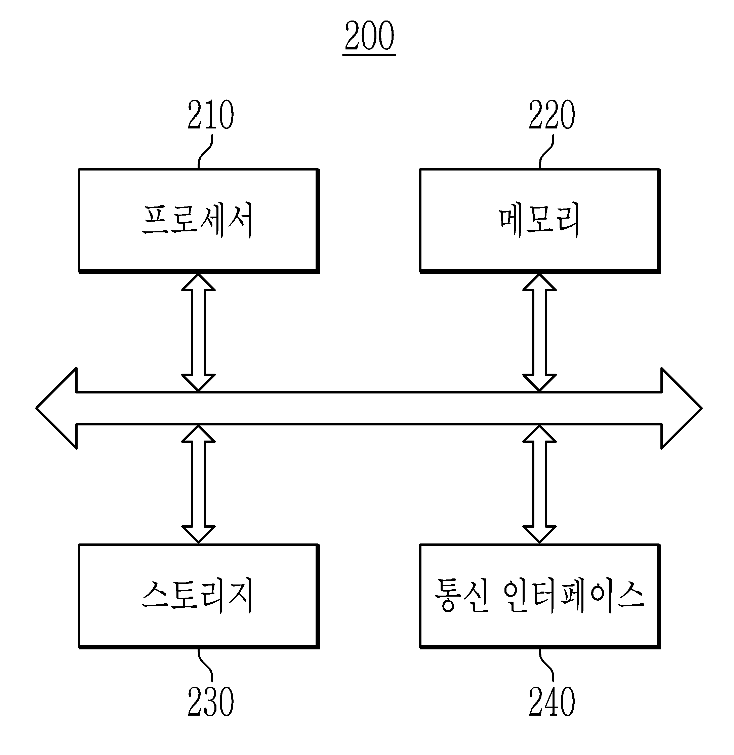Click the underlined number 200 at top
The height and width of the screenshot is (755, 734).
click(x=369, y=36)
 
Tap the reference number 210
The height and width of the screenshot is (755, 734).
click(x=210, y=115)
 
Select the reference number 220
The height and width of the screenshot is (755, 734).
click(x=552, y=115)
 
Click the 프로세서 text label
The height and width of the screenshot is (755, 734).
click(x=197, y=220)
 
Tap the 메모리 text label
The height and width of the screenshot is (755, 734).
click(x=539, y=220)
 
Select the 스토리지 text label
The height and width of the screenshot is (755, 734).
click(x=197, y=596)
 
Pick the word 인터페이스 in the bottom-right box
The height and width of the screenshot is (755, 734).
click(x=574, y=596)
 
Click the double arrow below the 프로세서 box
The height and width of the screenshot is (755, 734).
click(x=198, y=333)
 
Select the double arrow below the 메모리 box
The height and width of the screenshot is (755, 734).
click(x=539, y=333)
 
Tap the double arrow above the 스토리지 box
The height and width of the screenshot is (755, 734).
click(x=198, y=484)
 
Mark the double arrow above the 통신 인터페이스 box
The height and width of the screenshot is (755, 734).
click(x=539, y=484)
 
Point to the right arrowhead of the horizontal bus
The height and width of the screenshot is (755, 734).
click(x=682, y=408)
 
